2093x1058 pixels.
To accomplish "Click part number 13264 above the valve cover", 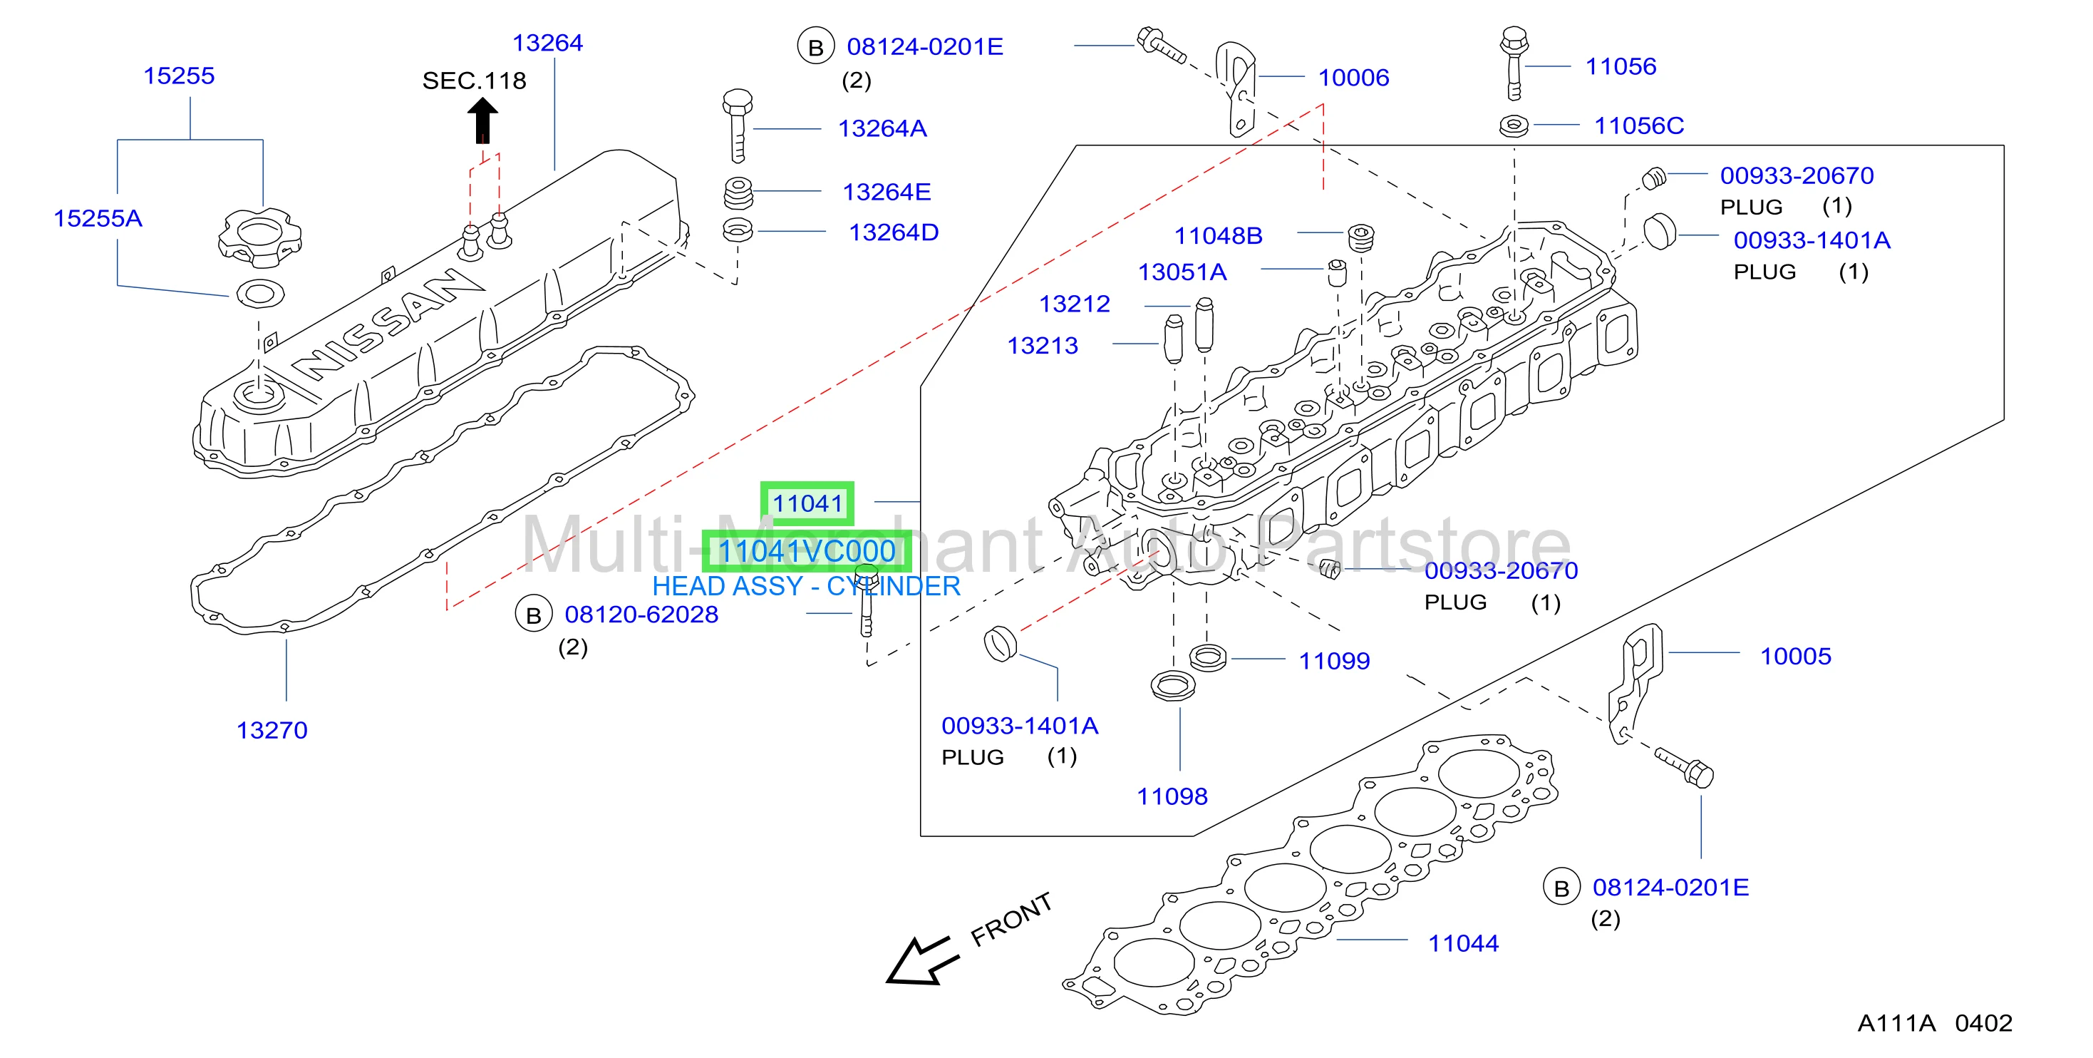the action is tap(547, 42).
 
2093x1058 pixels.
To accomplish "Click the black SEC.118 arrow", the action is tap(482, 120).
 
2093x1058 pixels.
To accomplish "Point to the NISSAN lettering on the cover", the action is tap(386, 324).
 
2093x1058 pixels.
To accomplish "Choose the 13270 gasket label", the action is tap(272, 730).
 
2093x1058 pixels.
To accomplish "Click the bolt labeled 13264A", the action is tap(737, 126).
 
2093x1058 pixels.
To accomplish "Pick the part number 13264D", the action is tap(894, 232).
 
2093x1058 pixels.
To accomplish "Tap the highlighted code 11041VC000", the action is tap(806, 551).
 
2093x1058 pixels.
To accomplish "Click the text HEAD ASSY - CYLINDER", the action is tap(806, 586).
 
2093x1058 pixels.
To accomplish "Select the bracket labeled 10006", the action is tap(1236, 89).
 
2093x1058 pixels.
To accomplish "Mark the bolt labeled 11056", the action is tap(1514, 63).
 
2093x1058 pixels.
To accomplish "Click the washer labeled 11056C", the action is tap(1514, 126).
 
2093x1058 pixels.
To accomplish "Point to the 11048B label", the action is tap(1218, 236).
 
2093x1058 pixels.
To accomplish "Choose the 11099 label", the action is tap(1334, 661).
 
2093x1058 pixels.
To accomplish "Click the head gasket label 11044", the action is tap(1463, 943).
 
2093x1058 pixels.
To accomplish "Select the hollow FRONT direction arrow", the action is tap(921, 961).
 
